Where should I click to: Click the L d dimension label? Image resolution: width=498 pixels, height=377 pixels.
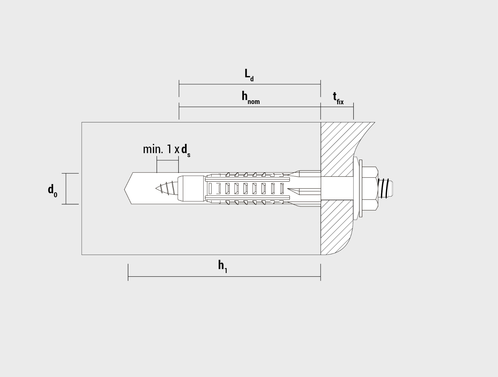(x=249, y=75)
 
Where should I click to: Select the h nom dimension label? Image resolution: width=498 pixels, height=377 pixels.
(x=251, y=98)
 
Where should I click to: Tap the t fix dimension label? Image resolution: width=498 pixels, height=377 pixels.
(x=338, y=98)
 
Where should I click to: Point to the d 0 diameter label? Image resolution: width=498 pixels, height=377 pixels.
(x=52, y=191)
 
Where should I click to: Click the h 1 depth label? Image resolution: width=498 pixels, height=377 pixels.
(x=222, y=266)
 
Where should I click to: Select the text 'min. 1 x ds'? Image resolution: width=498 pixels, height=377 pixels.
(x=167, y=150)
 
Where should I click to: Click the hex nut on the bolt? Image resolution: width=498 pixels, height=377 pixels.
(x=370, y=188)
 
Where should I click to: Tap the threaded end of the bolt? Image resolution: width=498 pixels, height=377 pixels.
(x=385, y=188)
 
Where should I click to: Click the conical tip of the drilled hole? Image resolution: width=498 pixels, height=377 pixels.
(x=128, y=188)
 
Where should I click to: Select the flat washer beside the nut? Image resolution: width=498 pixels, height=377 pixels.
(x=361, y=188)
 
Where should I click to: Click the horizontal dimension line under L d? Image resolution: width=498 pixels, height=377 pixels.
(x=250, y=84)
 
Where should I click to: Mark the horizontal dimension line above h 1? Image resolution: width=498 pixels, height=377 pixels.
(x=224, y=276)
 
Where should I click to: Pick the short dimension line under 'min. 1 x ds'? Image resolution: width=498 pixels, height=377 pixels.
(x=168, y=160)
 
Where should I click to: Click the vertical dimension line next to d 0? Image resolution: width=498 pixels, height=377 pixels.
(x=66, y=189)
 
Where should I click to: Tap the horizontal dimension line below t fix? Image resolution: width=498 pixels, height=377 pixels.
(x=337, y=107)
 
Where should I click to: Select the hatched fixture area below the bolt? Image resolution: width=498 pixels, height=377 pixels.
(x=336, y=227)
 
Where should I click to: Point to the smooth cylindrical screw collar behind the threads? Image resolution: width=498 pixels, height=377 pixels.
(x=191, y=188)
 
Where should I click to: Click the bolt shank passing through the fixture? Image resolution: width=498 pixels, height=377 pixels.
(x=337, y=188)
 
